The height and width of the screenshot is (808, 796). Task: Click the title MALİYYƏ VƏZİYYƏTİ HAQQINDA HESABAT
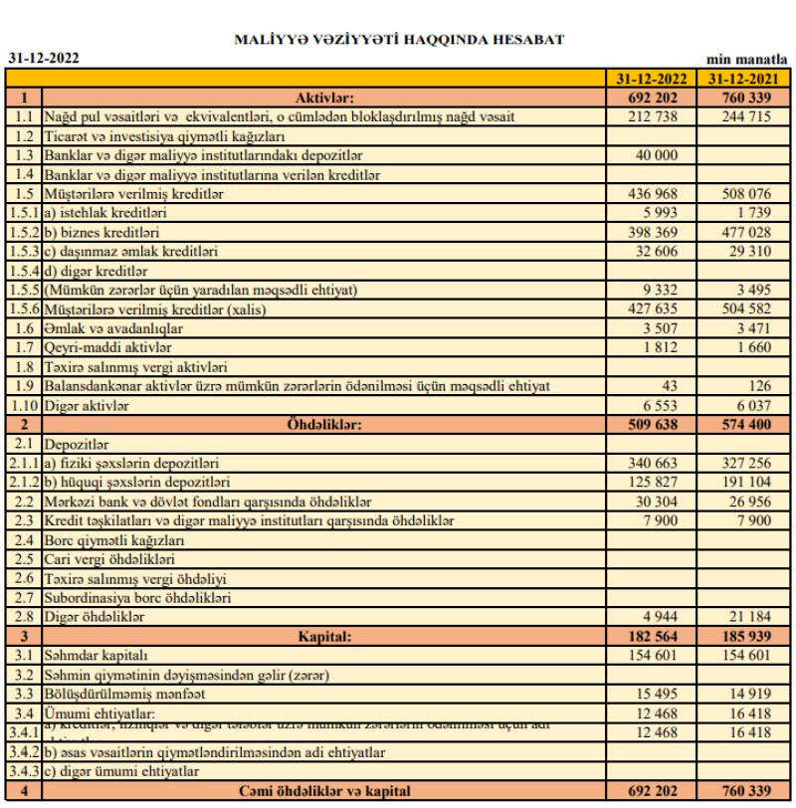(x=398, y=40)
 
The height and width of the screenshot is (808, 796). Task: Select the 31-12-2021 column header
(x=747, y=79)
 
